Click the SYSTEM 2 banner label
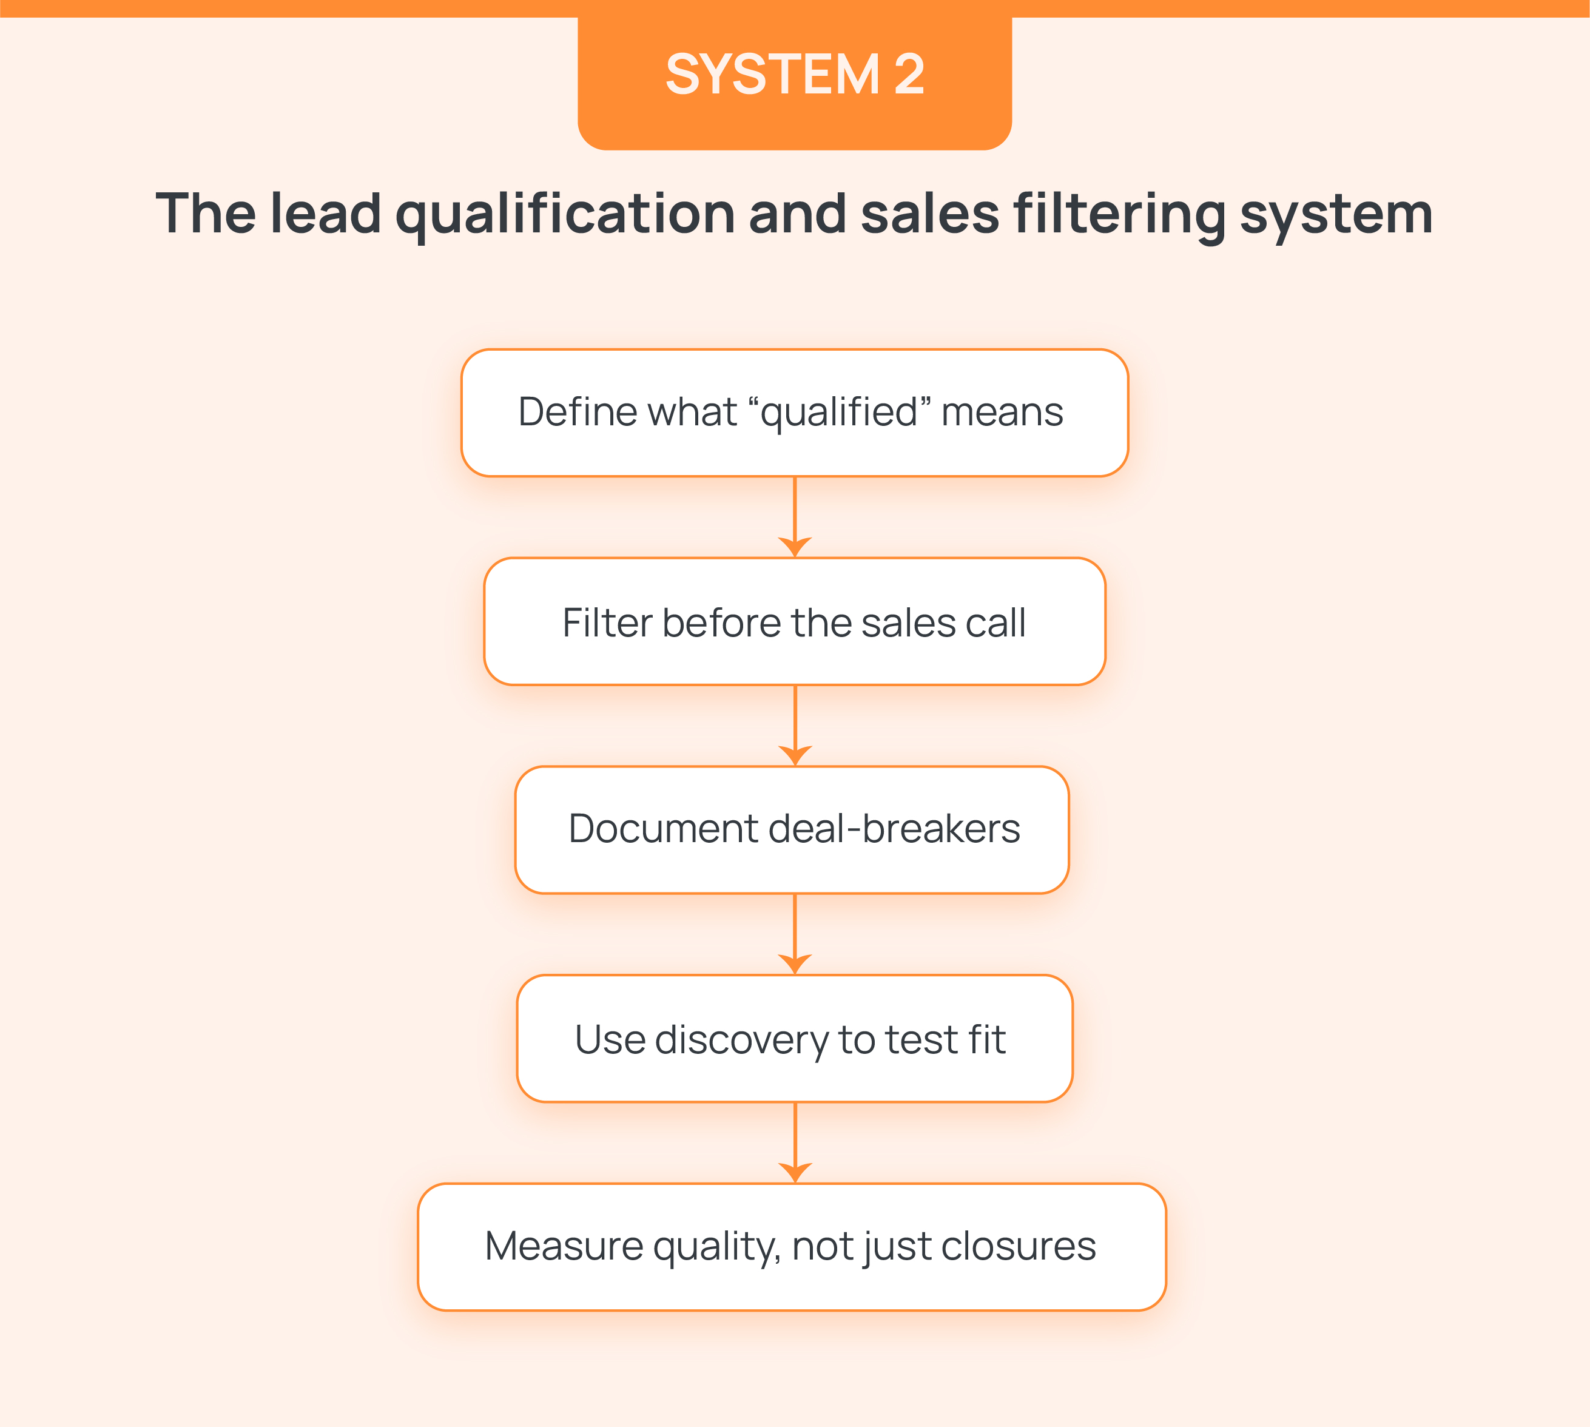(794, 75)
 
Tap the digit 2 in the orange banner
(909, 75)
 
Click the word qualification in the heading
(565, 214)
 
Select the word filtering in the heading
(1120, 214)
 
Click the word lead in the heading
(325, 214)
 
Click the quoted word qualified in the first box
(840, 413)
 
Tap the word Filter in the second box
(608, 623)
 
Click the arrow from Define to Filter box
(795, 518)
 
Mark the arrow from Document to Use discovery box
(795, 934)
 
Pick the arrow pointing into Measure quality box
(795, 1143)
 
